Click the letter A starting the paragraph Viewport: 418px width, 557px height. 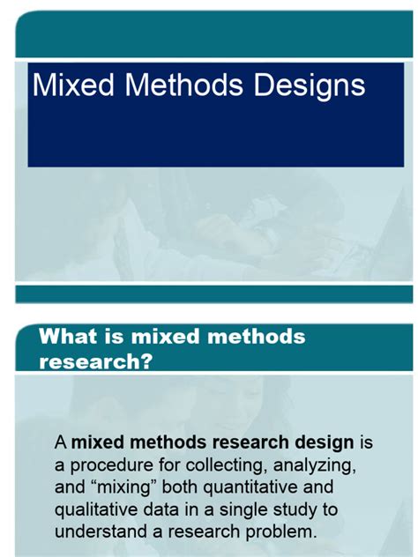[x=61, y=442]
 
